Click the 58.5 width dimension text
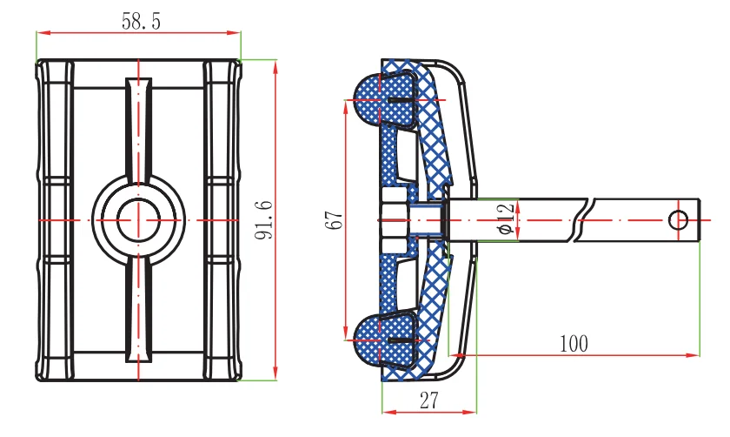(x=139, y=22)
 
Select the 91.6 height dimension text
(x=266, y=219)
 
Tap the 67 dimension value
(x=333, y=219)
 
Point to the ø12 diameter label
(x=507, y=219)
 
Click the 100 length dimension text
(x=574, y=343)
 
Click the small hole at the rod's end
(x=678, y=219)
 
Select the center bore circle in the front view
(x=138, y=220)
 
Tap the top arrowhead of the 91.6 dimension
(x=275, y=63)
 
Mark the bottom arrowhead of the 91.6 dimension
(x=275, y=377)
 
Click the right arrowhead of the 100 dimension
(x=695, y=354)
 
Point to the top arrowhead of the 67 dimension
(x=346, y=103)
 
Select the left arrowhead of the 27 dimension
(x=385, y=411)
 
